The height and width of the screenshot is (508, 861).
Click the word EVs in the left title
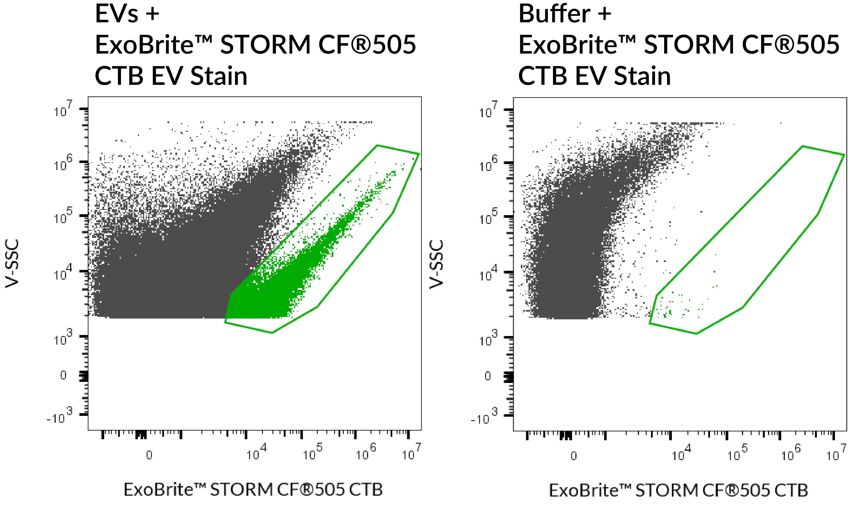(116, 14)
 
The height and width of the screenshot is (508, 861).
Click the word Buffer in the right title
(554, 14)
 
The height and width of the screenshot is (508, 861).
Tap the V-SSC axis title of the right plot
(436, 264)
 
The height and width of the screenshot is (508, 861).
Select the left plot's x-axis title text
(253, 489)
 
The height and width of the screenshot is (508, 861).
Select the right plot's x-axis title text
(678, 490)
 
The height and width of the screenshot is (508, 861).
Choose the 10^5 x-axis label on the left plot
(312, 453)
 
